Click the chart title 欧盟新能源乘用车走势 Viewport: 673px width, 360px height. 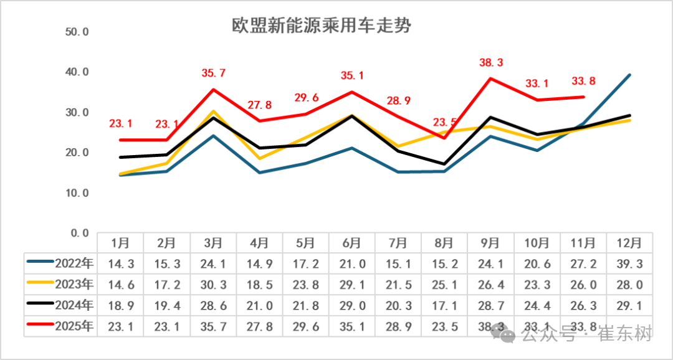click(322, 26)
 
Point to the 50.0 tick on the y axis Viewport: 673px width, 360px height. click(77, 32)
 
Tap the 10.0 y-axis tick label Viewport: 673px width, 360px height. click(77, 193)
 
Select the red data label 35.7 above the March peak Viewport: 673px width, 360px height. click(213, 73)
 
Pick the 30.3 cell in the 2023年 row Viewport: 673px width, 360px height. click(213, 285)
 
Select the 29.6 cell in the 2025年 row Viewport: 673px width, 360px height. click(306, 326)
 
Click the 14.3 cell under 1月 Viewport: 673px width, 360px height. click(120, 263)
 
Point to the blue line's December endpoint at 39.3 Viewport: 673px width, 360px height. click(629, 75)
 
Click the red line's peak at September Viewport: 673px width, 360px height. click(491, 78)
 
